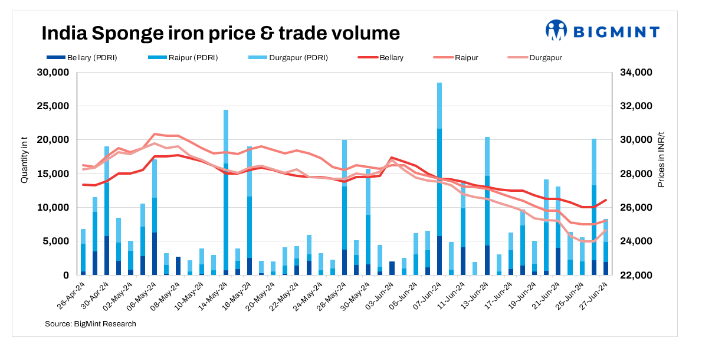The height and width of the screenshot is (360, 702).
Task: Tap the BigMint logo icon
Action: click(x=556, y=30)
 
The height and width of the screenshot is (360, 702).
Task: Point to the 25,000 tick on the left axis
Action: click(x=54, y=106)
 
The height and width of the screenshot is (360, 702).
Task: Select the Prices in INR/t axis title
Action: click(x=661, y=160)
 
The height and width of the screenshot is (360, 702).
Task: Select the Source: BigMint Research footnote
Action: click(x=90, y=323)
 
